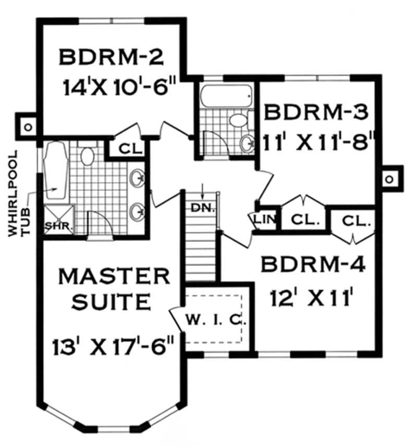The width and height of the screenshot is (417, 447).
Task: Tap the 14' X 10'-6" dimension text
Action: click(119, 87)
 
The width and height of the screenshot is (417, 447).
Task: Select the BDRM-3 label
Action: click(316, 112)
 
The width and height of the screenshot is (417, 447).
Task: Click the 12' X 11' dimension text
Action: click(313, 299)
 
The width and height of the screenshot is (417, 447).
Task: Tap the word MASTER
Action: click(114, 276)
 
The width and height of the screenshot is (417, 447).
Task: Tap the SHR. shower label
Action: click(58, 226)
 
